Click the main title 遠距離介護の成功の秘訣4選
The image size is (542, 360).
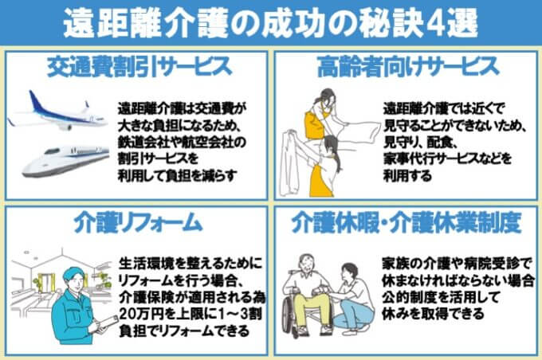click(x=271, y=23)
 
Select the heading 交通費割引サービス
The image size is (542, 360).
click(x=139, y=67)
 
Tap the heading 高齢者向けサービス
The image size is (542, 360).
click(x=408, y=67)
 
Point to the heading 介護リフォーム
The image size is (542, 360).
click(x=138, y=223)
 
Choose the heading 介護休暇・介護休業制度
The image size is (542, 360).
click(x=406, y=223)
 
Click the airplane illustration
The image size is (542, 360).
click(x=57, y=112)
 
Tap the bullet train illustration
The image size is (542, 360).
click(x=65, y=160)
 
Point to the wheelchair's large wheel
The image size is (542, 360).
click(x=289, y=315)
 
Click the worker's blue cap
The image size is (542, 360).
click(x=73, y=274)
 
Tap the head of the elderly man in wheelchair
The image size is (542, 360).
click(x=307, y=264)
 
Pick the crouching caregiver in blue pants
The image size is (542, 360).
click(x=352, y=300)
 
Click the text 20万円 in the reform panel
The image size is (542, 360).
click(x=141, y=314)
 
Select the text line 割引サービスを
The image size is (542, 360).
click(x=158, y=158)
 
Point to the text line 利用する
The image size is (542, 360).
click(x=407, y=175)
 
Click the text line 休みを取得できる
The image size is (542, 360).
click(x=433, y=314)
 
